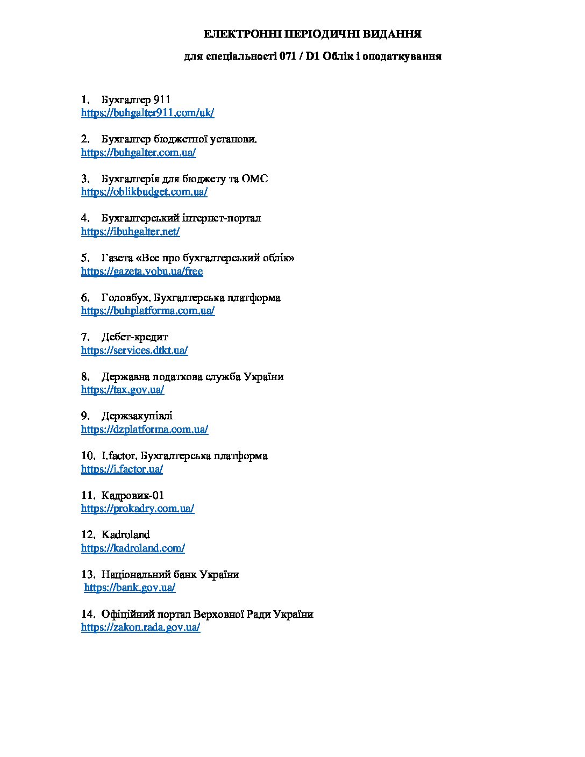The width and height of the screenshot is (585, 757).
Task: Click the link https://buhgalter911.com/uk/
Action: (x=148, y=113)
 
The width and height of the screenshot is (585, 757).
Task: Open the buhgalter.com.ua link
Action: (x=139, y=152)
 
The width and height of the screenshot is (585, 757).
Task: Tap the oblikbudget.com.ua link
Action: (x=144, y=192)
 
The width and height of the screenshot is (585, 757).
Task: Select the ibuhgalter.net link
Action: (x=131, y=232)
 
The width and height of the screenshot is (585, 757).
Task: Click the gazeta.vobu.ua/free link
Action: (x=142, y=271)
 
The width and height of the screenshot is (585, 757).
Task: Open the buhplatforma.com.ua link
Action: (x=148, y=311)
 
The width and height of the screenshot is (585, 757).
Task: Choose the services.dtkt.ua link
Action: (x=134, y=351)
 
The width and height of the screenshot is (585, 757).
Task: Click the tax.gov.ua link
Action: (x=123, y=390)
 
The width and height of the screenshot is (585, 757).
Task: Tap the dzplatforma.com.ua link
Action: (x=145, y=430)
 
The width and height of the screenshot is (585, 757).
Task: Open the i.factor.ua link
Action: (x=122, y=469)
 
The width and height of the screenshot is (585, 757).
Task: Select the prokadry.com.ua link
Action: (x=138, y=509)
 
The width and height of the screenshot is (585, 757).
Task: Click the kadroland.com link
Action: (x=133, y=548)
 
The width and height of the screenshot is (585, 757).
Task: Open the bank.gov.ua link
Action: (x=130, y=588)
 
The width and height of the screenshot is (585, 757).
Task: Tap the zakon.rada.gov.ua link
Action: (x=141, y=627)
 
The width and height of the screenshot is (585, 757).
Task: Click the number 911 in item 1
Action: (x=162, y=99)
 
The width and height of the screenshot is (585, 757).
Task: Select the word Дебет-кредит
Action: (x=134, y=337)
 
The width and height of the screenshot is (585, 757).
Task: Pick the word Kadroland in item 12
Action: (x=125, y=535)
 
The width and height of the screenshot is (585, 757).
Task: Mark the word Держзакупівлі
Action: (x=137, y=416)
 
